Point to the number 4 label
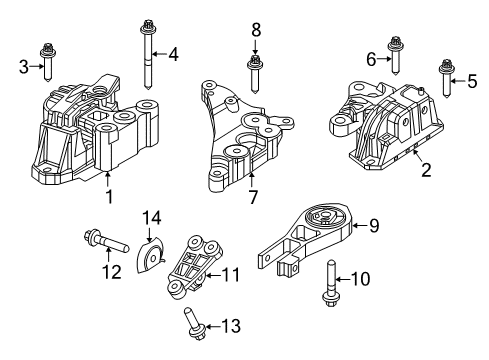coord(173,54)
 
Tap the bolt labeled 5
coord(443,80)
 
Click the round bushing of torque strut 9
coord(323,219)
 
